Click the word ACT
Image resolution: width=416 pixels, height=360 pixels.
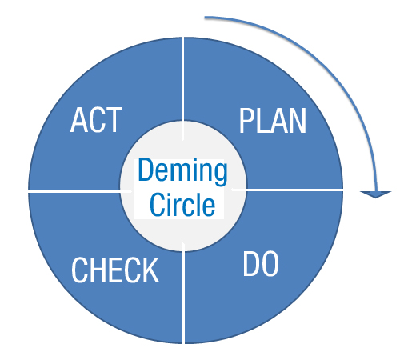[x=96, y=120]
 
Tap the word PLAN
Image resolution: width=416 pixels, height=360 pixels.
[x=273, y=121]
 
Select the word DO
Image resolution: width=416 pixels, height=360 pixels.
[x=261, y=264]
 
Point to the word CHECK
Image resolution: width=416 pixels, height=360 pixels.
[x=115, y=270]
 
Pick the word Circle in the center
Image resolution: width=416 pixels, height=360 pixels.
[x=182, y=205]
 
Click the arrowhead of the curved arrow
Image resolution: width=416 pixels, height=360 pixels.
[x=375, y=194]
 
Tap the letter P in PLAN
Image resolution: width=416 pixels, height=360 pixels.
[x=247, y=121]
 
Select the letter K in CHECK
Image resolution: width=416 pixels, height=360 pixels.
[x=150, y=270]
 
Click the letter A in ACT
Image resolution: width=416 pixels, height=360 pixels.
[x=80, y=120]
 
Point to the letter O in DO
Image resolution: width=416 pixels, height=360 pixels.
[x=270, y=264]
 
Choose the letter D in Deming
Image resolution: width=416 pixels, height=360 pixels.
[x=146, y=170]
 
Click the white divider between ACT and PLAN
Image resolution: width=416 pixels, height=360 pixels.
[x=182, y=89]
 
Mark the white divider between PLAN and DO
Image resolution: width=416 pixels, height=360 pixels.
[x=287, y=190]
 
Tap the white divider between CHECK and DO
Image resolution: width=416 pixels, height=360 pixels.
[x=183, y=293]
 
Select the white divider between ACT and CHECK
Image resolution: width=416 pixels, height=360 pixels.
[x=80, y=191]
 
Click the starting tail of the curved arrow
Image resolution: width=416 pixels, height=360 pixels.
[x=205, y=18]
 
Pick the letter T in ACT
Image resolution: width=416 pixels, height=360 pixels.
[x=114, y=120]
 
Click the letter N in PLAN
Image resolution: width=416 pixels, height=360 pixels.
[x=297, y=121]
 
